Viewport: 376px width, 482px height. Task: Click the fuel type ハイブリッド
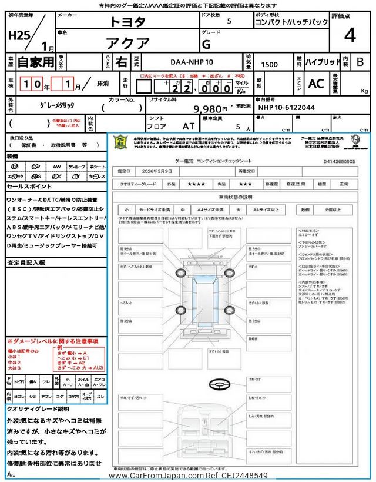(322, 61)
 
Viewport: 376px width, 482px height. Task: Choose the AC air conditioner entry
(316, 84)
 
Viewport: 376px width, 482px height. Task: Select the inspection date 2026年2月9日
(157, 171)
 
